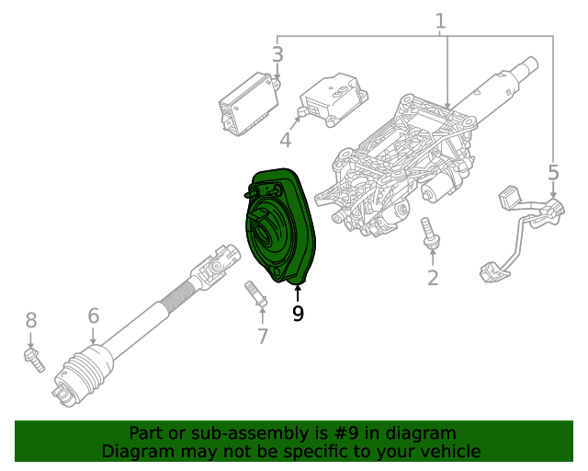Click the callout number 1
440,20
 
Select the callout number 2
433,278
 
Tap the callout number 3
277,54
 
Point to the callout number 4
286,140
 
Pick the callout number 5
553,172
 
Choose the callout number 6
94,316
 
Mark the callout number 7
263,336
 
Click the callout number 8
31,320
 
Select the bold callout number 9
298,314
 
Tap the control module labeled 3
245,101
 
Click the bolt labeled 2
428,232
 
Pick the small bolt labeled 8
34,360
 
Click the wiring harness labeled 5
524,230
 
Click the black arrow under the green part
298,293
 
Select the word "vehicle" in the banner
449,451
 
